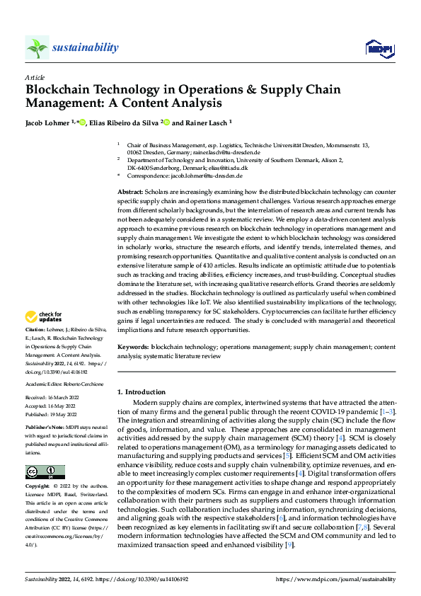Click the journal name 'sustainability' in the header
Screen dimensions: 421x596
85,47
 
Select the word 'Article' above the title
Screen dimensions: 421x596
35,77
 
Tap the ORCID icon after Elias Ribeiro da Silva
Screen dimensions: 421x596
168,122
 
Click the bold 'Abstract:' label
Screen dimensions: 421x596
130,193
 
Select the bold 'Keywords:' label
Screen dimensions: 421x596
132,348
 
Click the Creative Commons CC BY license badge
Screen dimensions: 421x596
45,472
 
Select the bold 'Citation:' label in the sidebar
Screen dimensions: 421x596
35,330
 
